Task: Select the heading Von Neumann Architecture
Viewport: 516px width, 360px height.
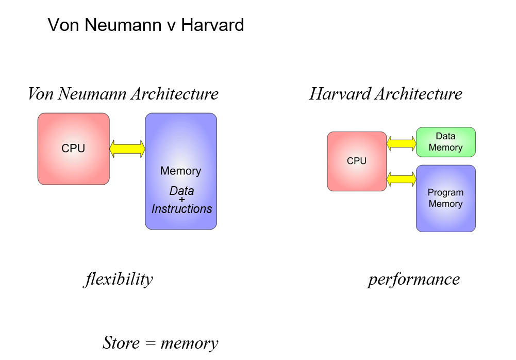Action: [x=123, y=94]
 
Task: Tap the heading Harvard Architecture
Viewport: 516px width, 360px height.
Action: [x=386, y=94]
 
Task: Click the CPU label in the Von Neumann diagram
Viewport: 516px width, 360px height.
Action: [x=73, y=149]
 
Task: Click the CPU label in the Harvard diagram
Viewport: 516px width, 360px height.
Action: [x=357, y=161]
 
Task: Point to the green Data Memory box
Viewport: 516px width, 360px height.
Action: [x=445, y=142]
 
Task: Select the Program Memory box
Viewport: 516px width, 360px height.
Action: [x=445, y=198]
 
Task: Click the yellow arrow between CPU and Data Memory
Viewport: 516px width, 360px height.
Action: [x=401, y=143]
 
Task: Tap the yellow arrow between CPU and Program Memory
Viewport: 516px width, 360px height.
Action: [x=401, y=179]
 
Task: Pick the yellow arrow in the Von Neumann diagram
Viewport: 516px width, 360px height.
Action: [x=127, y=149]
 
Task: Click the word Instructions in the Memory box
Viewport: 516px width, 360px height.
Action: [x=181, y=209]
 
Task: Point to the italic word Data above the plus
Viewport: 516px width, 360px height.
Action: [x=181, y=191]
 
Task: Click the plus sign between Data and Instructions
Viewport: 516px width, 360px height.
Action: [x=181, y=200]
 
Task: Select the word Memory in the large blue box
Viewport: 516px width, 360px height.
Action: [x=180, y=171]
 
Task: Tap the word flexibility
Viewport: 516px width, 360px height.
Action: [x=118, y=279]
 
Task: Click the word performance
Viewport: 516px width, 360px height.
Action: [x=413, y=279]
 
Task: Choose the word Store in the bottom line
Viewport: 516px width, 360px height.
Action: [x=122, y=342]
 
